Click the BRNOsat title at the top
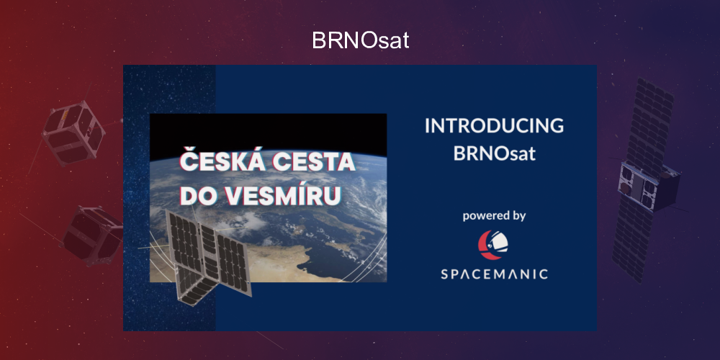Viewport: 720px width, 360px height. (x=360, y=40)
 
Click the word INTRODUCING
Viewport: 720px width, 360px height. (x=494, y=125)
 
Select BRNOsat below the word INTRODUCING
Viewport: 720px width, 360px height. (x=494, y=154)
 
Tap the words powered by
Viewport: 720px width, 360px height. (x=494, y=215)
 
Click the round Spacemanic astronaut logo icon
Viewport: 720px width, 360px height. (x=494, y=245)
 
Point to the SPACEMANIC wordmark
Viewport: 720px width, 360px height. (x=494, y=274)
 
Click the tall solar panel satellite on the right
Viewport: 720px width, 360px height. (x=644, y=180)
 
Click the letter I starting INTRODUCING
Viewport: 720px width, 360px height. (x=427, y=125)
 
